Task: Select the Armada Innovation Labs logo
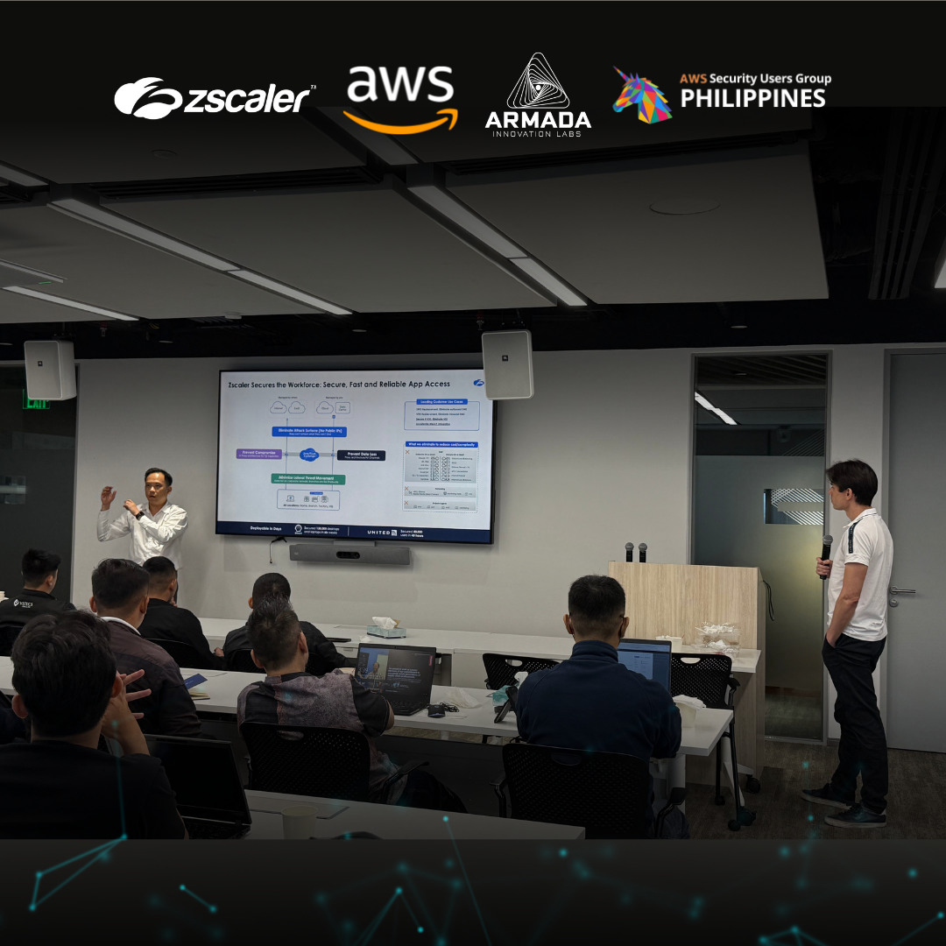[538, 96]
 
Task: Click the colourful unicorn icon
[642, 95]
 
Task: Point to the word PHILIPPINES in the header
[753, 98]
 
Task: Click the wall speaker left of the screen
[49, 370]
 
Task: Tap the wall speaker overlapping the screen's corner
[507, 364]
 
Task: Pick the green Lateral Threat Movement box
[307, 479]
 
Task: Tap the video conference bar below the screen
[349, 554]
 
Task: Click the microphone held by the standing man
[826, 547]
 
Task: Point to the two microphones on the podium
[635, 552]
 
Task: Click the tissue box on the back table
[386, 627]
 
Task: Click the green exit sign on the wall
[36, 401]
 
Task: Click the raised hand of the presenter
[109, 497]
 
